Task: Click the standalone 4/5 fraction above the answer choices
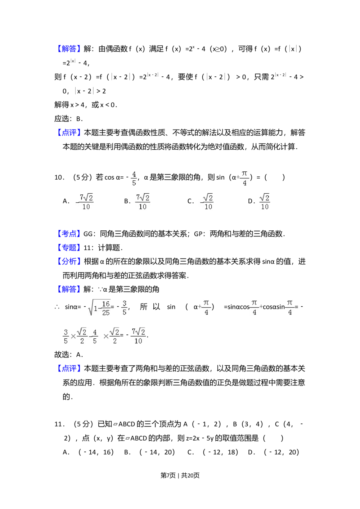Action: [x=134, y=179]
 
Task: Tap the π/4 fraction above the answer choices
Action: [x=244, y=179]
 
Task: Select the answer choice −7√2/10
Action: [x=84, y=203]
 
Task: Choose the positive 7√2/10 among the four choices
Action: [x=143, y=203]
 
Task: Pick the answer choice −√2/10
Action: [x=206, y=203]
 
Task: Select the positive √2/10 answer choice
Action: [x=265, y=203]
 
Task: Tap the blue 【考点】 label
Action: [x=69, y=234]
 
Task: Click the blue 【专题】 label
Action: [x=69, y=247]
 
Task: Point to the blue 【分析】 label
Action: [x=69, y=261]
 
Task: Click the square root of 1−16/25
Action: [x=99, y=307]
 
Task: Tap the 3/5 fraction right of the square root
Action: [x=125, y=307]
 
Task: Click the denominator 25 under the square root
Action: [x=105, y=312]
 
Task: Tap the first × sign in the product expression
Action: [x=73, y=336]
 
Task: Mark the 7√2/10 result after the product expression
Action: [x=138, y=336]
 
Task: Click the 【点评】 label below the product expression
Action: [x=69, y=368]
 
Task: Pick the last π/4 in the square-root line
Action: [x=289, y=307]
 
